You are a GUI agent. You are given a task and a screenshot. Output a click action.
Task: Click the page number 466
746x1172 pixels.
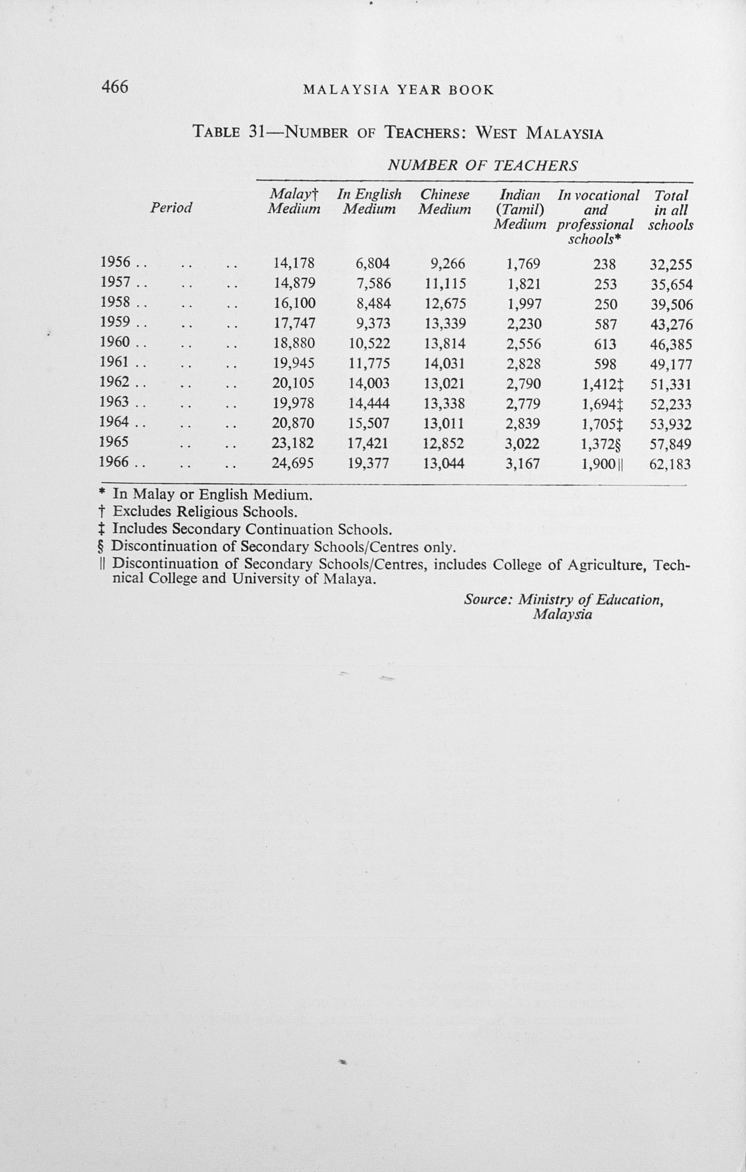[x=115, y=87]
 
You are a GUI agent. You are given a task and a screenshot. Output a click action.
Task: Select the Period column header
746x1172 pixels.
[x=171, y=208]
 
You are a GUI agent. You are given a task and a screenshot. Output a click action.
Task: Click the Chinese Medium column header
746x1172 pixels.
[x=445, y=202]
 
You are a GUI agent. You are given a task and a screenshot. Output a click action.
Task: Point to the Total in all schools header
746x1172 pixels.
[x=671, y=210]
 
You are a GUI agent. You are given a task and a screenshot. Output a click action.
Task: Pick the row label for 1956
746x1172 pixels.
[x=115, y=263]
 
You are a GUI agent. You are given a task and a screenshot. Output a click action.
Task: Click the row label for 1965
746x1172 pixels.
[x=113, y=442]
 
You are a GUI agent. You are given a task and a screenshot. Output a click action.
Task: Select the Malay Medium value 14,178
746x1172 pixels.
[x=294, y=263]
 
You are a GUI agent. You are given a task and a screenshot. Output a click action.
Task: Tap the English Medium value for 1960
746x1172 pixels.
[x=369, y=343]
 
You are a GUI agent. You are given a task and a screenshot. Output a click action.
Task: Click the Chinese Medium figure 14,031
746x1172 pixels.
[x=445, y=363]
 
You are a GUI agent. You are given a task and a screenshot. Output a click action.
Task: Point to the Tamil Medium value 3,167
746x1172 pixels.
[x=523, y=463]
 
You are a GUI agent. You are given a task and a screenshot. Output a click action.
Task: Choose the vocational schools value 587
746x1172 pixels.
[x=605, y=324]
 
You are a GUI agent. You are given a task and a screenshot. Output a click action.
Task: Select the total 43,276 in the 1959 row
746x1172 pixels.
[x=672, y=325]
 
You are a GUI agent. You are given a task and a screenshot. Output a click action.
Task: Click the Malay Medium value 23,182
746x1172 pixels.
[x=293, y=443]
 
